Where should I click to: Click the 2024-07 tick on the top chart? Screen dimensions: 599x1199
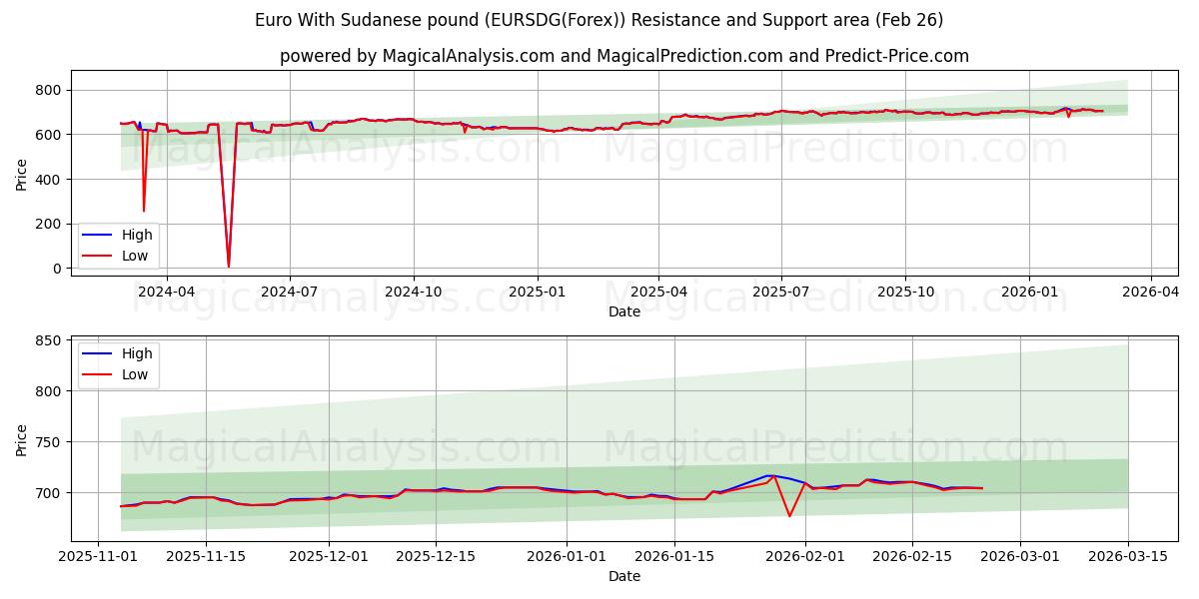[x=290, y=292]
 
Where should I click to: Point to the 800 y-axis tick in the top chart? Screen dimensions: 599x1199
[x=48, y=90]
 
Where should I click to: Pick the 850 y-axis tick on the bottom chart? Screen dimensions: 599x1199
[x=48, y=340]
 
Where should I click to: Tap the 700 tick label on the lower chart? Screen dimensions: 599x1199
[x=48, y=492]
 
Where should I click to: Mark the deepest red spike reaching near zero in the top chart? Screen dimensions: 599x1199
[x=228, y=266]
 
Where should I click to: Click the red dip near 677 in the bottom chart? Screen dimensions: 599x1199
[x=789, y=515]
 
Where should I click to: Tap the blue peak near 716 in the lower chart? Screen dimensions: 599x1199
[x=769, y=475]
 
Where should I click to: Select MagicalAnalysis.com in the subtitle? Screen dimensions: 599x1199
[x=469, y=56]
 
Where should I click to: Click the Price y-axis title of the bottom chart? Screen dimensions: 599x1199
[x=22, y=439]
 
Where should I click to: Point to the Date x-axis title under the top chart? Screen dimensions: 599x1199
[x=624, y=311]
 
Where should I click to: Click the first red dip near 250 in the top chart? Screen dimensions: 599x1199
[x=143, y=211]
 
